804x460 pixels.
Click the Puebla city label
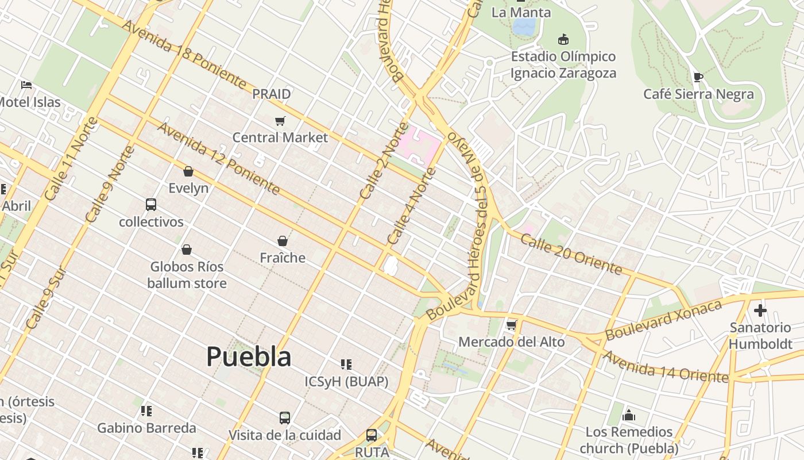coord(249,356)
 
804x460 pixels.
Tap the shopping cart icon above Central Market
coord(280,121)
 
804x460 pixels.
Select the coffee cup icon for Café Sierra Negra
coord(698,77)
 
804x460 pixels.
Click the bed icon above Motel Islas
coord(26,85)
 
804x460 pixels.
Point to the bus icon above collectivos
coord(151,204)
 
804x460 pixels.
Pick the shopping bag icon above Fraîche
coord(282,240)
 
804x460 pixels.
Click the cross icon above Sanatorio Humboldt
coord(760,310)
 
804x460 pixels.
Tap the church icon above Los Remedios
coord(629,415)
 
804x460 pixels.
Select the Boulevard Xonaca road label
coord(663,320)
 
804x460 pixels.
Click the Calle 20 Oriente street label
coord(571,253)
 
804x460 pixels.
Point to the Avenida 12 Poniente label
coord(218,158)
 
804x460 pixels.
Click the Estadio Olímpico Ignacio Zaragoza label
coord(563,64)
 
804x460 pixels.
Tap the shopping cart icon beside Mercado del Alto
coord(511,325)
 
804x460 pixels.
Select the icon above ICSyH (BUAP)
coord(346,364)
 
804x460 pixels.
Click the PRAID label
coord(272,94)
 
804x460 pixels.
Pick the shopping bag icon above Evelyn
coord(188,171)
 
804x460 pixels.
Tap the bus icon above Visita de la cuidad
coord(285,417)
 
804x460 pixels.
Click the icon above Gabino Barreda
coord(146,411)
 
